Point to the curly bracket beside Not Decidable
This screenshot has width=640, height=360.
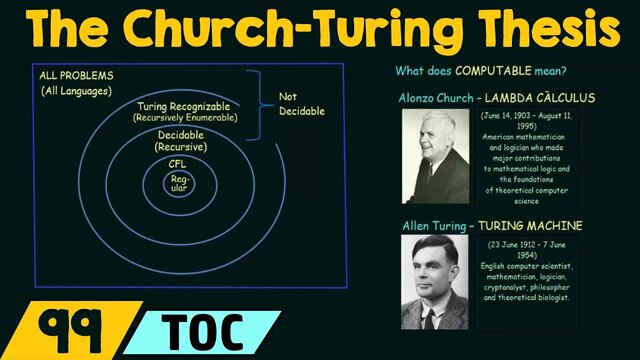tap(262, 102)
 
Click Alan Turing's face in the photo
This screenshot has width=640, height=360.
tap(435, 271)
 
